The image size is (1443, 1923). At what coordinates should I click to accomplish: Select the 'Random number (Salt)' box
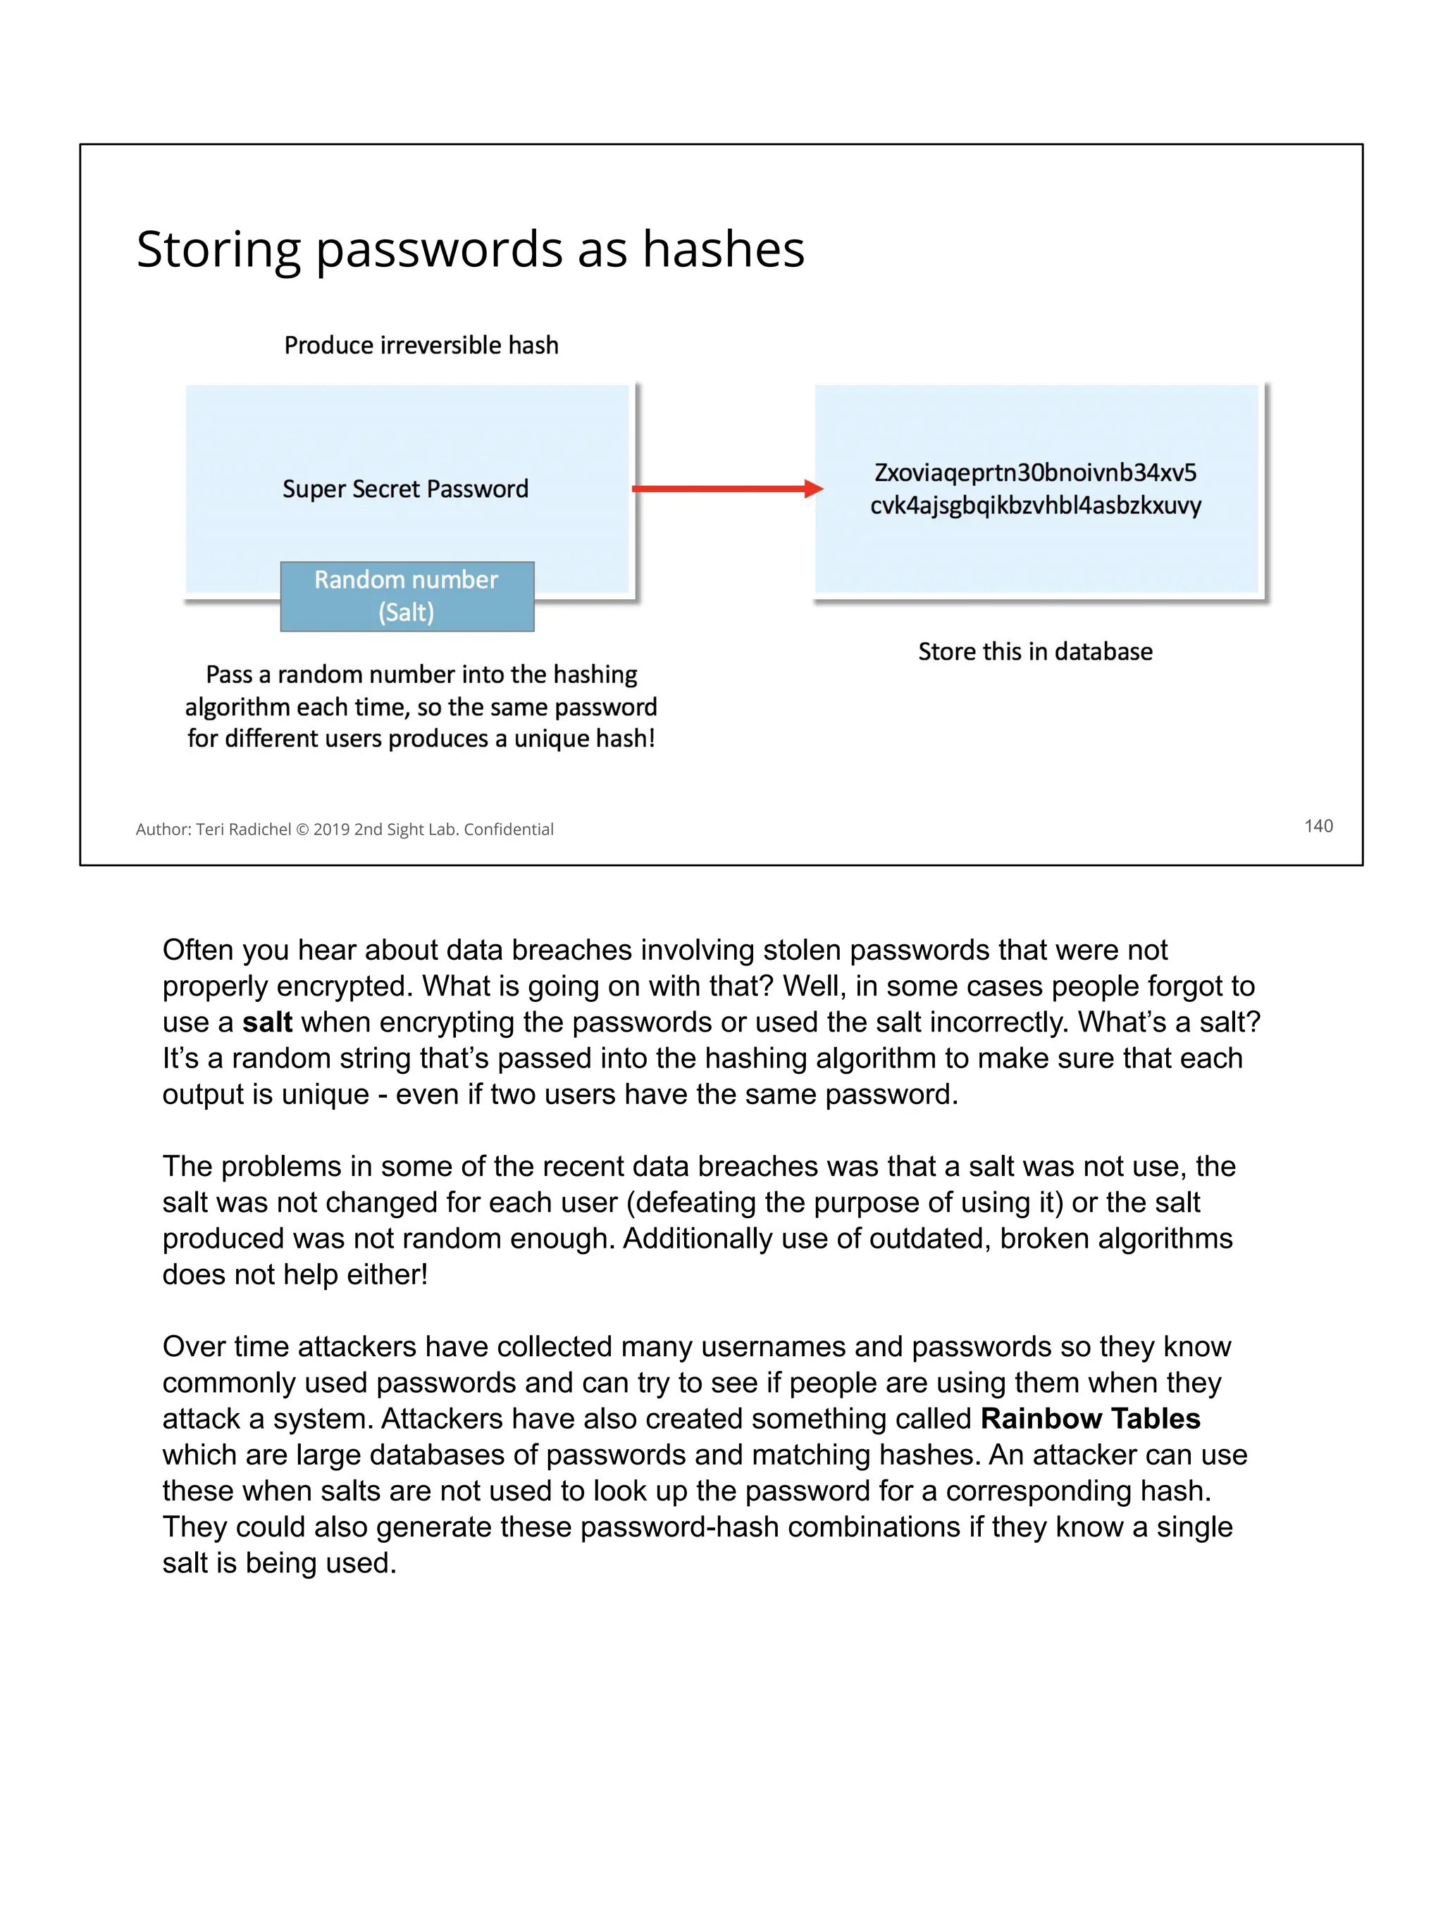(407, 596)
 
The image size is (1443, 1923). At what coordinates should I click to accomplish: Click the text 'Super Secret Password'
(405, 489)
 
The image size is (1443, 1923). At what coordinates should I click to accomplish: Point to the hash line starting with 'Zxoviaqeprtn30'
(1035, 473)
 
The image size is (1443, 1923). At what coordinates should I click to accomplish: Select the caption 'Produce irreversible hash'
(421, 345)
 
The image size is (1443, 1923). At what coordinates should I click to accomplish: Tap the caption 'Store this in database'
(1035, 651)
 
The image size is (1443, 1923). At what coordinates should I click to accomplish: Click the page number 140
(1318, 826)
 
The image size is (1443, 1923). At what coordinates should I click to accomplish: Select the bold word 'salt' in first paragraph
(267, 1022)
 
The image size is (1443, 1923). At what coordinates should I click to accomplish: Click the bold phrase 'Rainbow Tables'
(1090, 1419)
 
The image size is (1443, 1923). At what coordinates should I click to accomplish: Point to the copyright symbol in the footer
(302, 829)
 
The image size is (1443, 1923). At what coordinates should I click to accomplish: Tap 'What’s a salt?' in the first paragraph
(1169, 1022)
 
